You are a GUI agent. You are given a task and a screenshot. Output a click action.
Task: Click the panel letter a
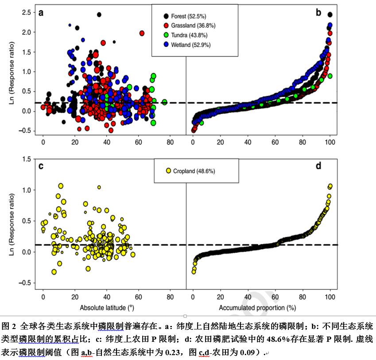(41, 12)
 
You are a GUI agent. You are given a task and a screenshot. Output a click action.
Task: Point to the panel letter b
(318, 12)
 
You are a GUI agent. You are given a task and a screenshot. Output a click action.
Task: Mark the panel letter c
(41, 166)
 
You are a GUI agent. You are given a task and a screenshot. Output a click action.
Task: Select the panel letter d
(318, 166)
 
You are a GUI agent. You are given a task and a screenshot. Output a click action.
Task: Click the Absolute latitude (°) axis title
(107, 307)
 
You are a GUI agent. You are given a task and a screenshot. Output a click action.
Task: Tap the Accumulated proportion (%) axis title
(257, 307)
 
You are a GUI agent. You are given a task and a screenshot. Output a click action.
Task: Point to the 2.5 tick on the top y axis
(26, 12)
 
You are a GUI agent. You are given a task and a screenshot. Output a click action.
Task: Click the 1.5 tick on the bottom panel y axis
(26, 159)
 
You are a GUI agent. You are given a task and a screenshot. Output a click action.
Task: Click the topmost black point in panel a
(99, 15)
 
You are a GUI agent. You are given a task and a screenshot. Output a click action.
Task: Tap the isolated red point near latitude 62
(142, 33)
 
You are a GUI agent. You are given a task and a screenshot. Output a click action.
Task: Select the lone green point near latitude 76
(164, 102)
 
